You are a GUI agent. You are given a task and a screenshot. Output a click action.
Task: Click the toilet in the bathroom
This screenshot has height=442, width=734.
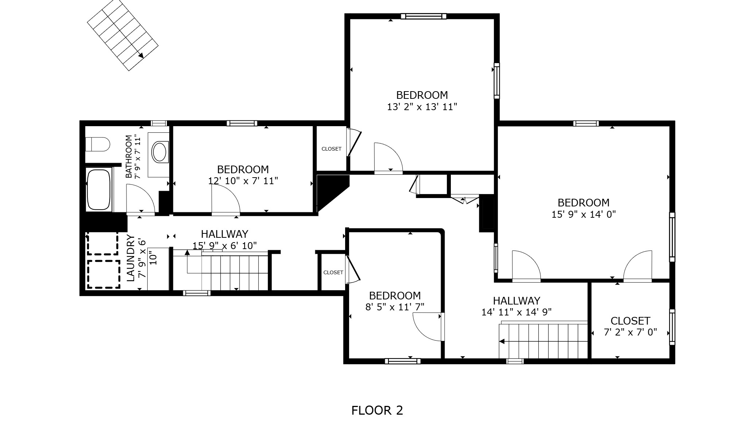[x=98, y=144]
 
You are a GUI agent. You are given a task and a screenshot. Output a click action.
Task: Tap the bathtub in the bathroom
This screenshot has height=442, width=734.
[x=99, y=189]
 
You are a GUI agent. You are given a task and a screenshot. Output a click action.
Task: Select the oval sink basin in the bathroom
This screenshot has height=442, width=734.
[x=159, y=152]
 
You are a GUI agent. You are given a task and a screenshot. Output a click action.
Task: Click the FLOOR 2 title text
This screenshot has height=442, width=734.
[x=377, y=410]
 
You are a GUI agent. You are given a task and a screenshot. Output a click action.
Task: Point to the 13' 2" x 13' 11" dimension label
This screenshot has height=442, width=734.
[x=422, y=107]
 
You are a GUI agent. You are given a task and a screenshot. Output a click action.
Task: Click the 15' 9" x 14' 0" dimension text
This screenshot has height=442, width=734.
[x=583, y=214]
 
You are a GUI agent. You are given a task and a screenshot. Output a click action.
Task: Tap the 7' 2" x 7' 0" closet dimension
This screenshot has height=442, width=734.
[x=630, y=332]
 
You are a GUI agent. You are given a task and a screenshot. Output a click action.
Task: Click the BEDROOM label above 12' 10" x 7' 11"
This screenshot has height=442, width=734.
[x=243, y=169]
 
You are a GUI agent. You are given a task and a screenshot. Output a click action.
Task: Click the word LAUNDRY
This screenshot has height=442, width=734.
[x=131, y=258]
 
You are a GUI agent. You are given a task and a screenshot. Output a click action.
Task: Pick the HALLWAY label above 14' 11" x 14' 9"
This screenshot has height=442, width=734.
[x=516, y=301]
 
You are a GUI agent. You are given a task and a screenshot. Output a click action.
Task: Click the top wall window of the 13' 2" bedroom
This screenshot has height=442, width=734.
[x=423, y=16]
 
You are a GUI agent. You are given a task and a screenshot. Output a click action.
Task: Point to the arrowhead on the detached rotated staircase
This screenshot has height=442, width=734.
[x=141, y=55]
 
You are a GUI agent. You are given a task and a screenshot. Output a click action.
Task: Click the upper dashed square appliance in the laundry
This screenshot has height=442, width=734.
[x=102, y=243]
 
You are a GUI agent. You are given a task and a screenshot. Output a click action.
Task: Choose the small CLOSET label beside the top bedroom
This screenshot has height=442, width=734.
[x=331, y=149]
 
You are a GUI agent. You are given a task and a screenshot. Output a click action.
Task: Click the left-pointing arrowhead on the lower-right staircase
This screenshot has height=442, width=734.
[x=502, y=342]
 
